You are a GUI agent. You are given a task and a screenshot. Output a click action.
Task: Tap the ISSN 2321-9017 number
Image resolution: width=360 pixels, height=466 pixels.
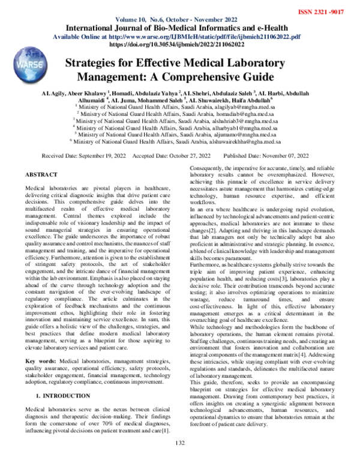coord(327,12)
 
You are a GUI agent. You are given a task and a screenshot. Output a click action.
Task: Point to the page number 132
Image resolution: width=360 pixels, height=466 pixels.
coord(179,460)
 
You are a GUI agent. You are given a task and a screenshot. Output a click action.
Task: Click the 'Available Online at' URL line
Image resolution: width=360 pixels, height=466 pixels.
coord(179,37)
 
